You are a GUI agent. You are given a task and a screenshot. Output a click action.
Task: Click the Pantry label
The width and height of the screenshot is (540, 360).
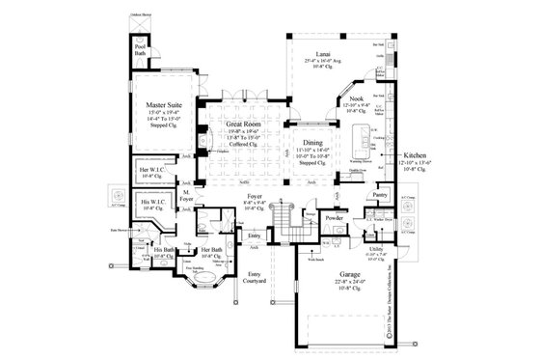click(x=380, y=194)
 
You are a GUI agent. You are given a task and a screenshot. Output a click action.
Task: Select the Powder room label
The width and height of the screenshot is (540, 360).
click(x=335, y=218)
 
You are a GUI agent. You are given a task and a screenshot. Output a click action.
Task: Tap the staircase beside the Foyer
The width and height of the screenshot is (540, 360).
click(x=283, y=228)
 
